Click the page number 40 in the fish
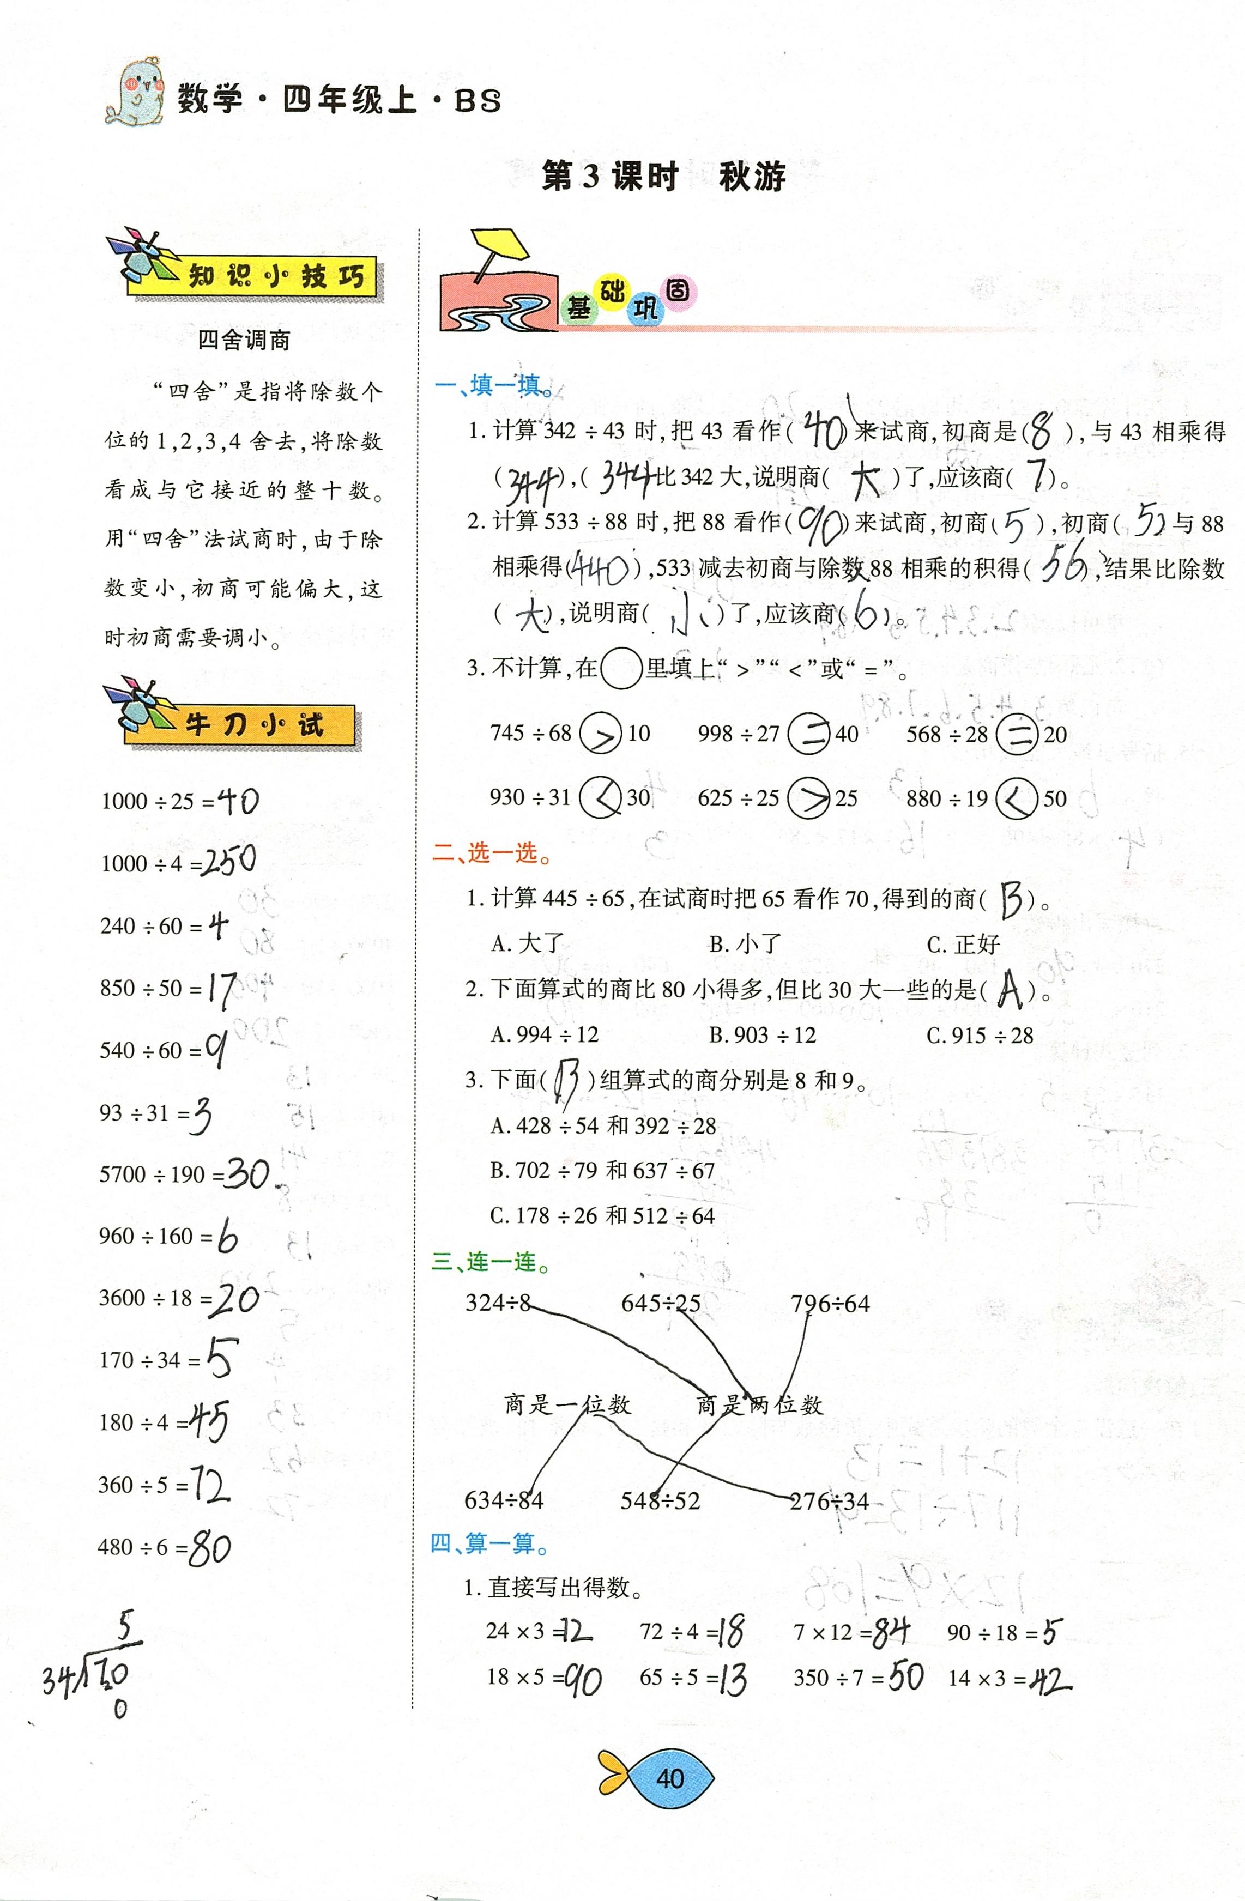pos(669,1778)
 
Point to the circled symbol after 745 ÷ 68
pos(600,732)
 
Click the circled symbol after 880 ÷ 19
pos(1016,798)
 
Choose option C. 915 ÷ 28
pos(980,1035)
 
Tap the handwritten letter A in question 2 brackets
pos(1010,990)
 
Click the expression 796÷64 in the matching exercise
pos(830,1304)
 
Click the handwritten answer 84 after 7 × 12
pos(890,1632)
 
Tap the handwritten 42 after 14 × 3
pos(1050,1679)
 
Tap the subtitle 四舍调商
pos(244,340)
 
